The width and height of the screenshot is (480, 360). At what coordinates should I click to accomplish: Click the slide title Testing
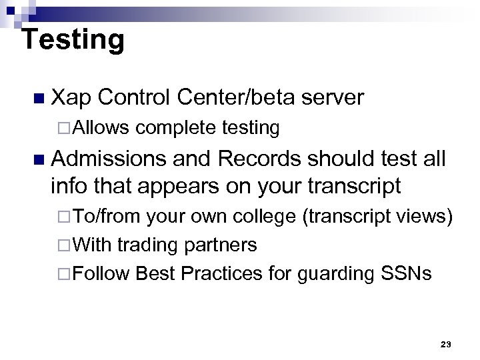coord(73,40)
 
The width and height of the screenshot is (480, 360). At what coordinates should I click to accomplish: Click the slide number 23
coord(446,344)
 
